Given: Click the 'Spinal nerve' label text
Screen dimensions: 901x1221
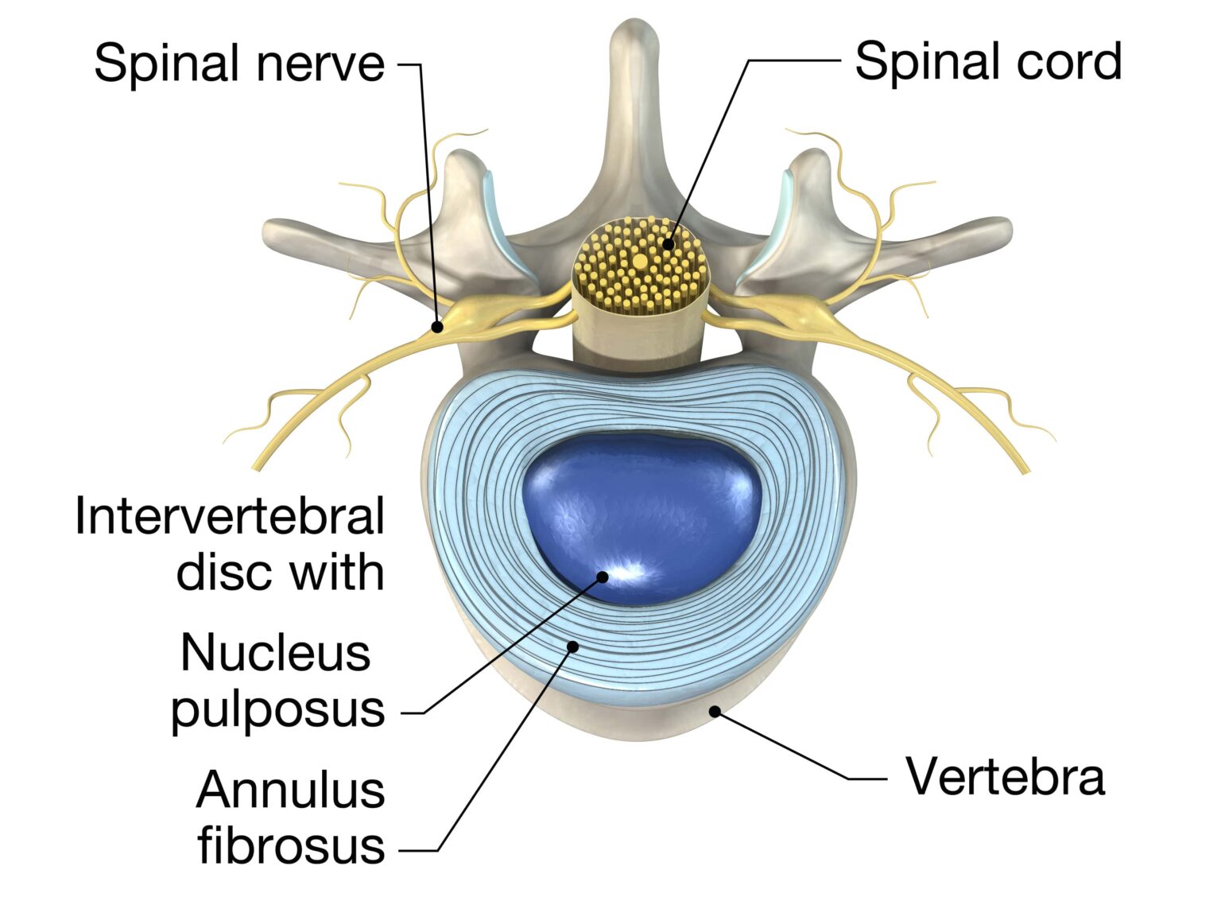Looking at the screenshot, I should click(x=238, y=64).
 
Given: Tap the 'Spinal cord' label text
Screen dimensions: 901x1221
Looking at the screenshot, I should click(x=987, y=62).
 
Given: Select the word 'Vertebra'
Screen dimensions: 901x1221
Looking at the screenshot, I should click(x=1005, y=776).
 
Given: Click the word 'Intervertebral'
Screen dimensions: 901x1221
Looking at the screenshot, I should click(x=230, y=515).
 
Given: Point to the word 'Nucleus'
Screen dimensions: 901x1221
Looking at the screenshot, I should click(x=276, y=653).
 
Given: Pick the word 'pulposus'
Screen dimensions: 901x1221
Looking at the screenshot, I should click(x=277, y=708).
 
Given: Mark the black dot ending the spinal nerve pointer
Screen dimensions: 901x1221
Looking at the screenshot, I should click(x=437, y=326).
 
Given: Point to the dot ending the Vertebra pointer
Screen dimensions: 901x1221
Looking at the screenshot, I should click(x=715, y=711).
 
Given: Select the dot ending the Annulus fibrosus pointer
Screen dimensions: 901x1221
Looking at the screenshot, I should click(x=572, y=647).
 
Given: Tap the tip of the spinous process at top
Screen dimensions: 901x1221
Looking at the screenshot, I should click(x=634, y=36).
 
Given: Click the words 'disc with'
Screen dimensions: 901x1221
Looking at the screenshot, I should click(x=280, y=572).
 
